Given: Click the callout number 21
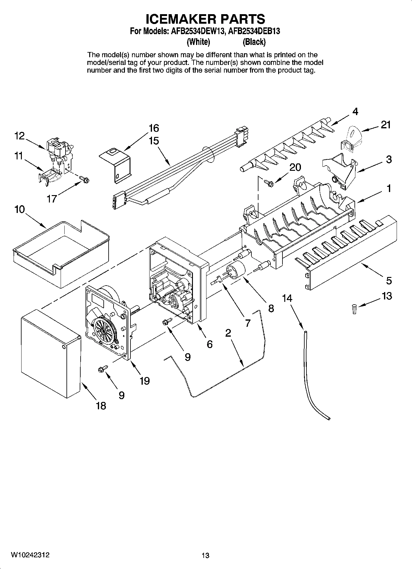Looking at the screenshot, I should click(386, 125).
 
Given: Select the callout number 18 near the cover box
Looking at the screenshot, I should click(101, 406).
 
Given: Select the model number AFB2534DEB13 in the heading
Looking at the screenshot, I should click(254, 31).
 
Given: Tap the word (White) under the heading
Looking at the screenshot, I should click(198, 42).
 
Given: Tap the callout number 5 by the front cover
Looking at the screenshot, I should click(389, 280).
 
